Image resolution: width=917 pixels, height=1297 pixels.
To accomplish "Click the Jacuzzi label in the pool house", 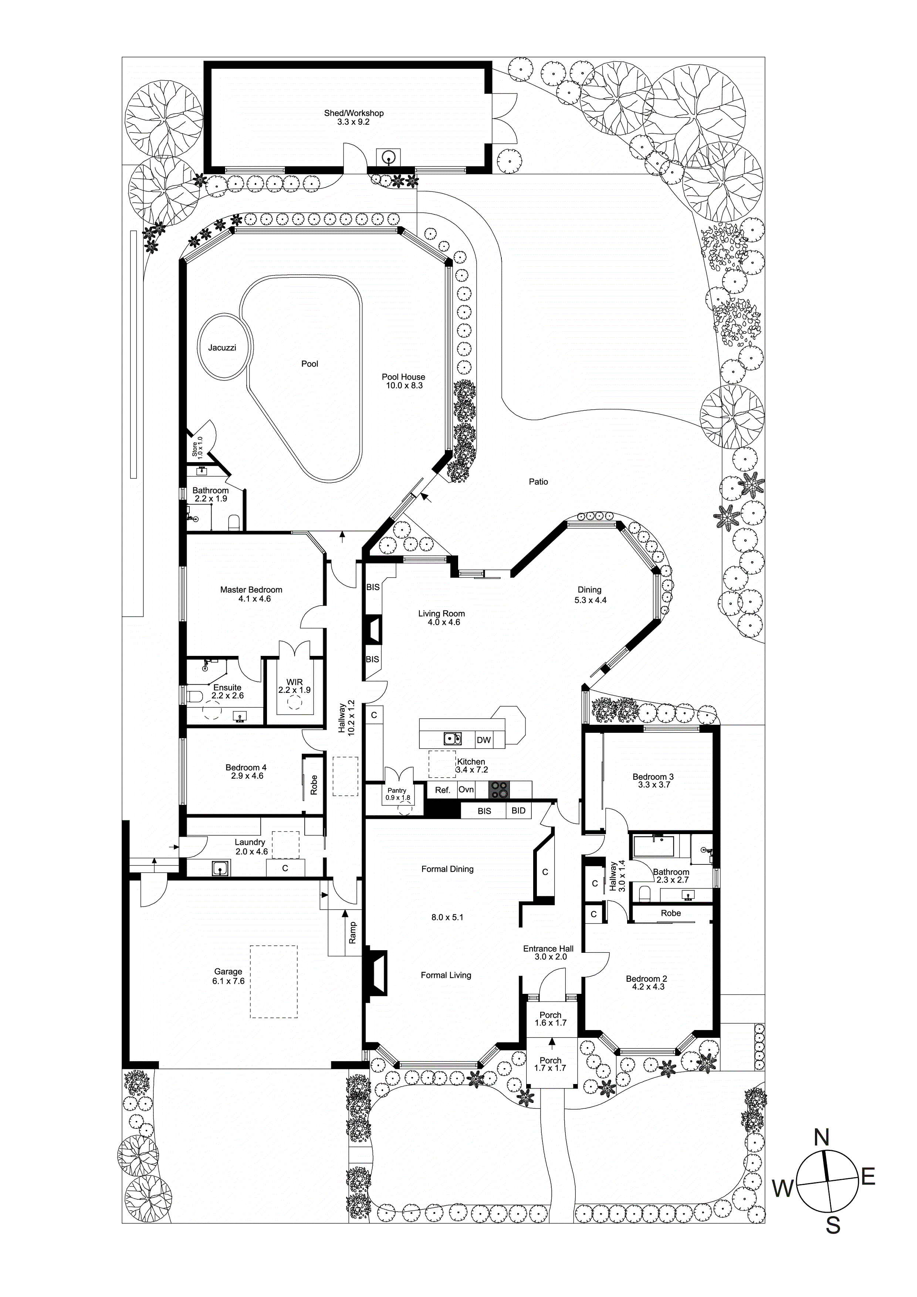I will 222,348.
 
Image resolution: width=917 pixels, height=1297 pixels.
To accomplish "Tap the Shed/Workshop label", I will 354,113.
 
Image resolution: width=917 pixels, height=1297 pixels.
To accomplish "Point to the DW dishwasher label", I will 484,741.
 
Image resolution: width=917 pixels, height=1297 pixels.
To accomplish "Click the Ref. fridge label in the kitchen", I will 442,790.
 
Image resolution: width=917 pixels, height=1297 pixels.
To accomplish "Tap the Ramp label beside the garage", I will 352,933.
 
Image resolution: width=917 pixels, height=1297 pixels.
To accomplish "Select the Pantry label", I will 397,790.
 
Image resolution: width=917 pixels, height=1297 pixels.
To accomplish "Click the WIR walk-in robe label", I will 294,683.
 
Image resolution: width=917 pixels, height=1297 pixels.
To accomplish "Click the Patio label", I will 538,482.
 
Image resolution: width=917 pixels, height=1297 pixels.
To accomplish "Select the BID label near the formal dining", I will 518,810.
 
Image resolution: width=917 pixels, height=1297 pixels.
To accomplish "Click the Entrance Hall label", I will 548,949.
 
